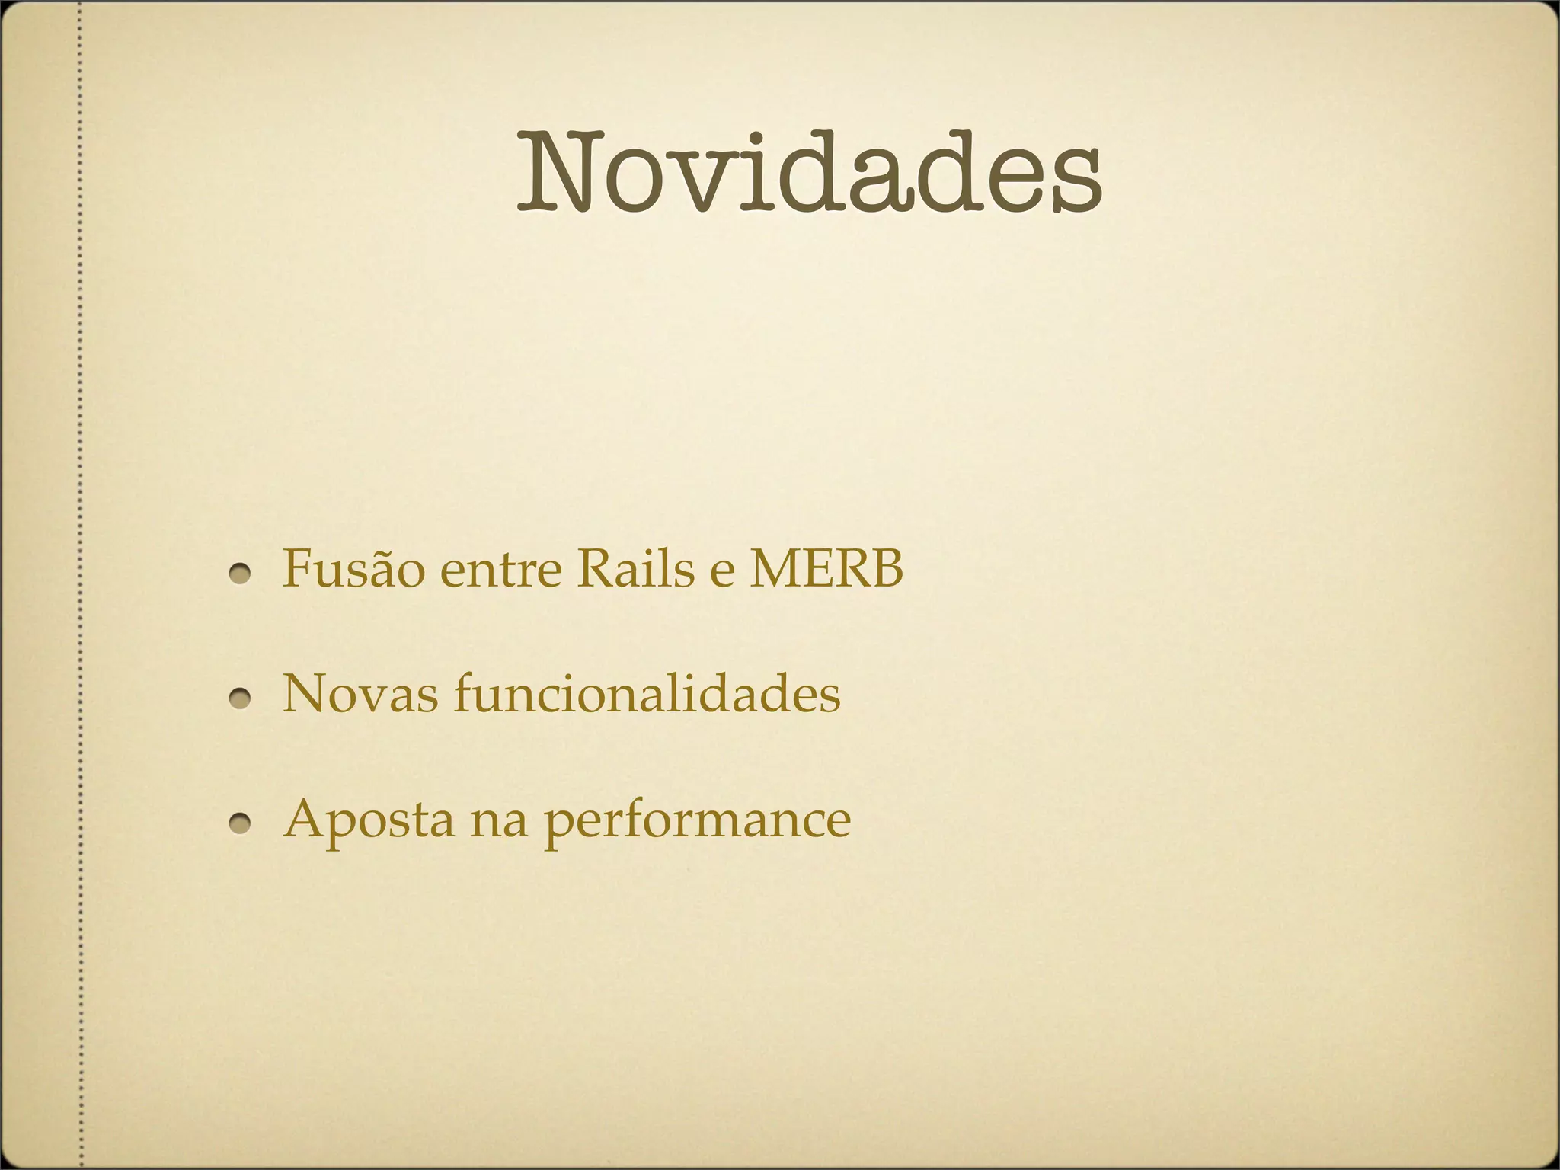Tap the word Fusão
[x=353, y=569]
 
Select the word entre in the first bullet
[x=501, y=571]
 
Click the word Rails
[x=635, y=569]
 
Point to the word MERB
[x=826, y=569]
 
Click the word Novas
[x=360, y=694]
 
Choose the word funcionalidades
[x=647, y=694]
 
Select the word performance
[x=696, y=823]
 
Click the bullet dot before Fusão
[x=241, y=574]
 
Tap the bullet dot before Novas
[x=241, y=698]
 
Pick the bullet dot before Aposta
[x=241, y=823]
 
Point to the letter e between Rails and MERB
[x=720, y=573]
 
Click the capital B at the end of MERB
[x=885, y=569]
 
